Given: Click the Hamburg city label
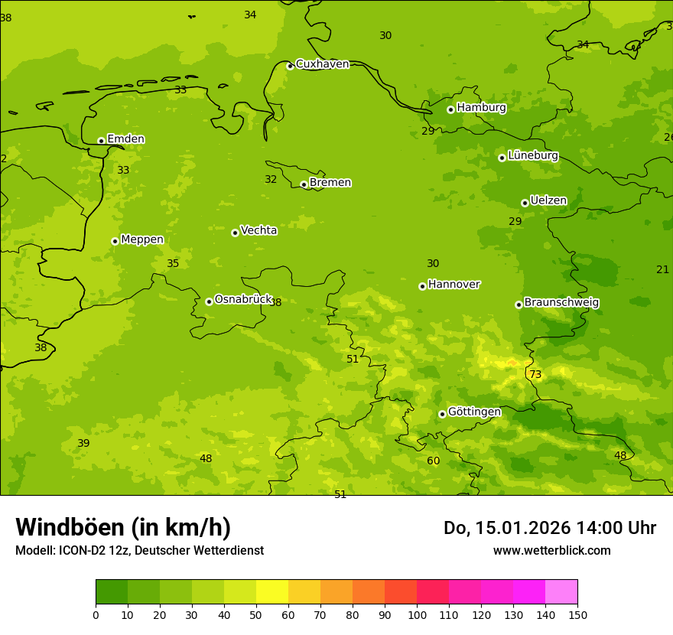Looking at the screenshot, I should coord(481,108).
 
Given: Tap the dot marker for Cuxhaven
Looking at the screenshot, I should coord(290,66).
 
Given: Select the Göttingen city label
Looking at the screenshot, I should coord(474,412).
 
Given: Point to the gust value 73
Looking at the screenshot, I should coord(535,374).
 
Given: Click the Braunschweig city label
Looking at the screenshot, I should coord(561,302).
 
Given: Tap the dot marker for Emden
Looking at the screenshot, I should coord(101,141).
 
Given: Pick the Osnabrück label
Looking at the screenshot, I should coord(243,299).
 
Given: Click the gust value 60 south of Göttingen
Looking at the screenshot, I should coord(434,461).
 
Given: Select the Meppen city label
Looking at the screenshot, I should coord(142,239).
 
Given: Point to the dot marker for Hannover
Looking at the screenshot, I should coord(422,286).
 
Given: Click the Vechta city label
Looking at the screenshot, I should coord(258,230).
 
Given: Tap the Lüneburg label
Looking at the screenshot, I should coord(533,155).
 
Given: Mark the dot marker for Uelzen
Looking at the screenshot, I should coord(525,203).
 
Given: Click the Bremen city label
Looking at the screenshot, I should coord(330,182).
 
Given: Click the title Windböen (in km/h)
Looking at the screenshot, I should coord(123,527).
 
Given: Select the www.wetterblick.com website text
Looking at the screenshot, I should coord(551,550).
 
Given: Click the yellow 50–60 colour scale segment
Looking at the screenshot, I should coord(272,591).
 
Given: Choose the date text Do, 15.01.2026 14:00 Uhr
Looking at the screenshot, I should coord(550,528).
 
